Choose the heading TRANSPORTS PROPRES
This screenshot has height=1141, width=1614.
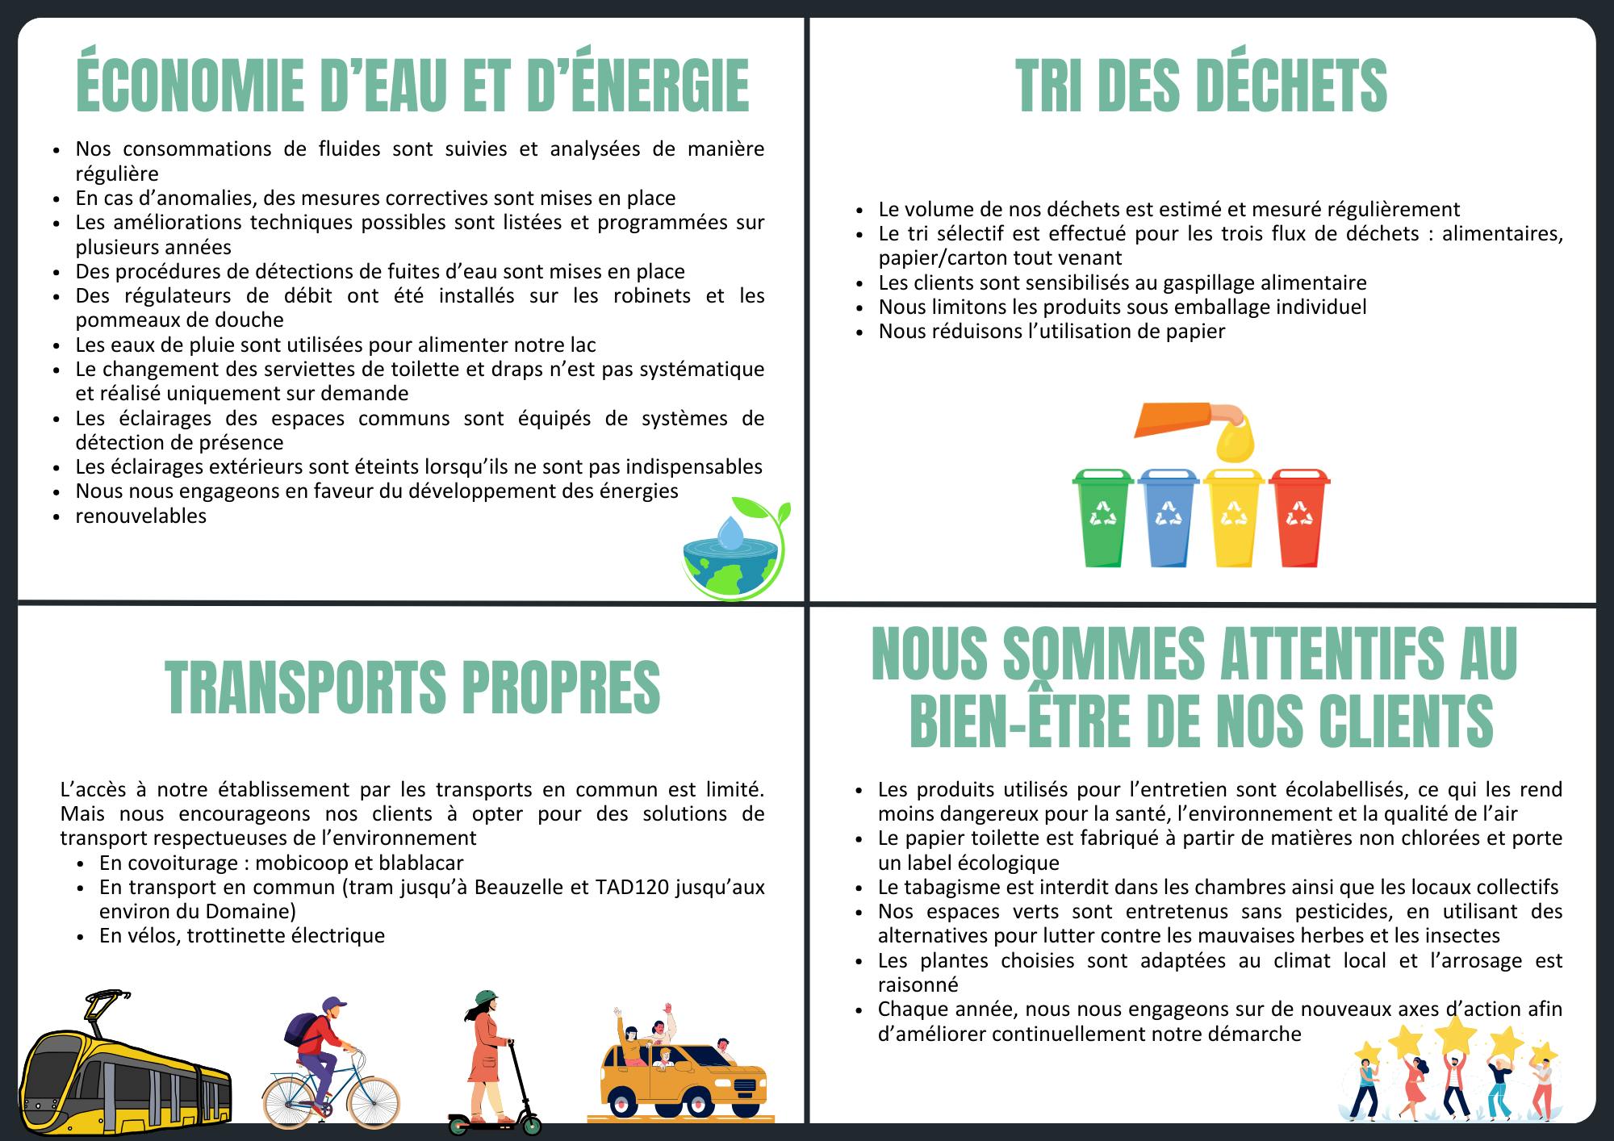tap(412, 688)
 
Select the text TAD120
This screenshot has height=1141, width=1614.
tap(632, 887)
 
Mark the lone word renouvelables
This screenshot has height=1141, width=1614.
tap(141, 516)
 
